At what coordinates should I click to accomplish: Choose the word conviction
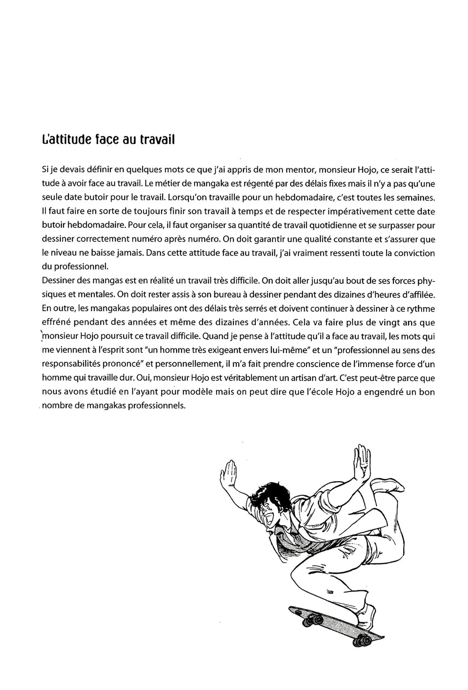coord(413,253)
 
